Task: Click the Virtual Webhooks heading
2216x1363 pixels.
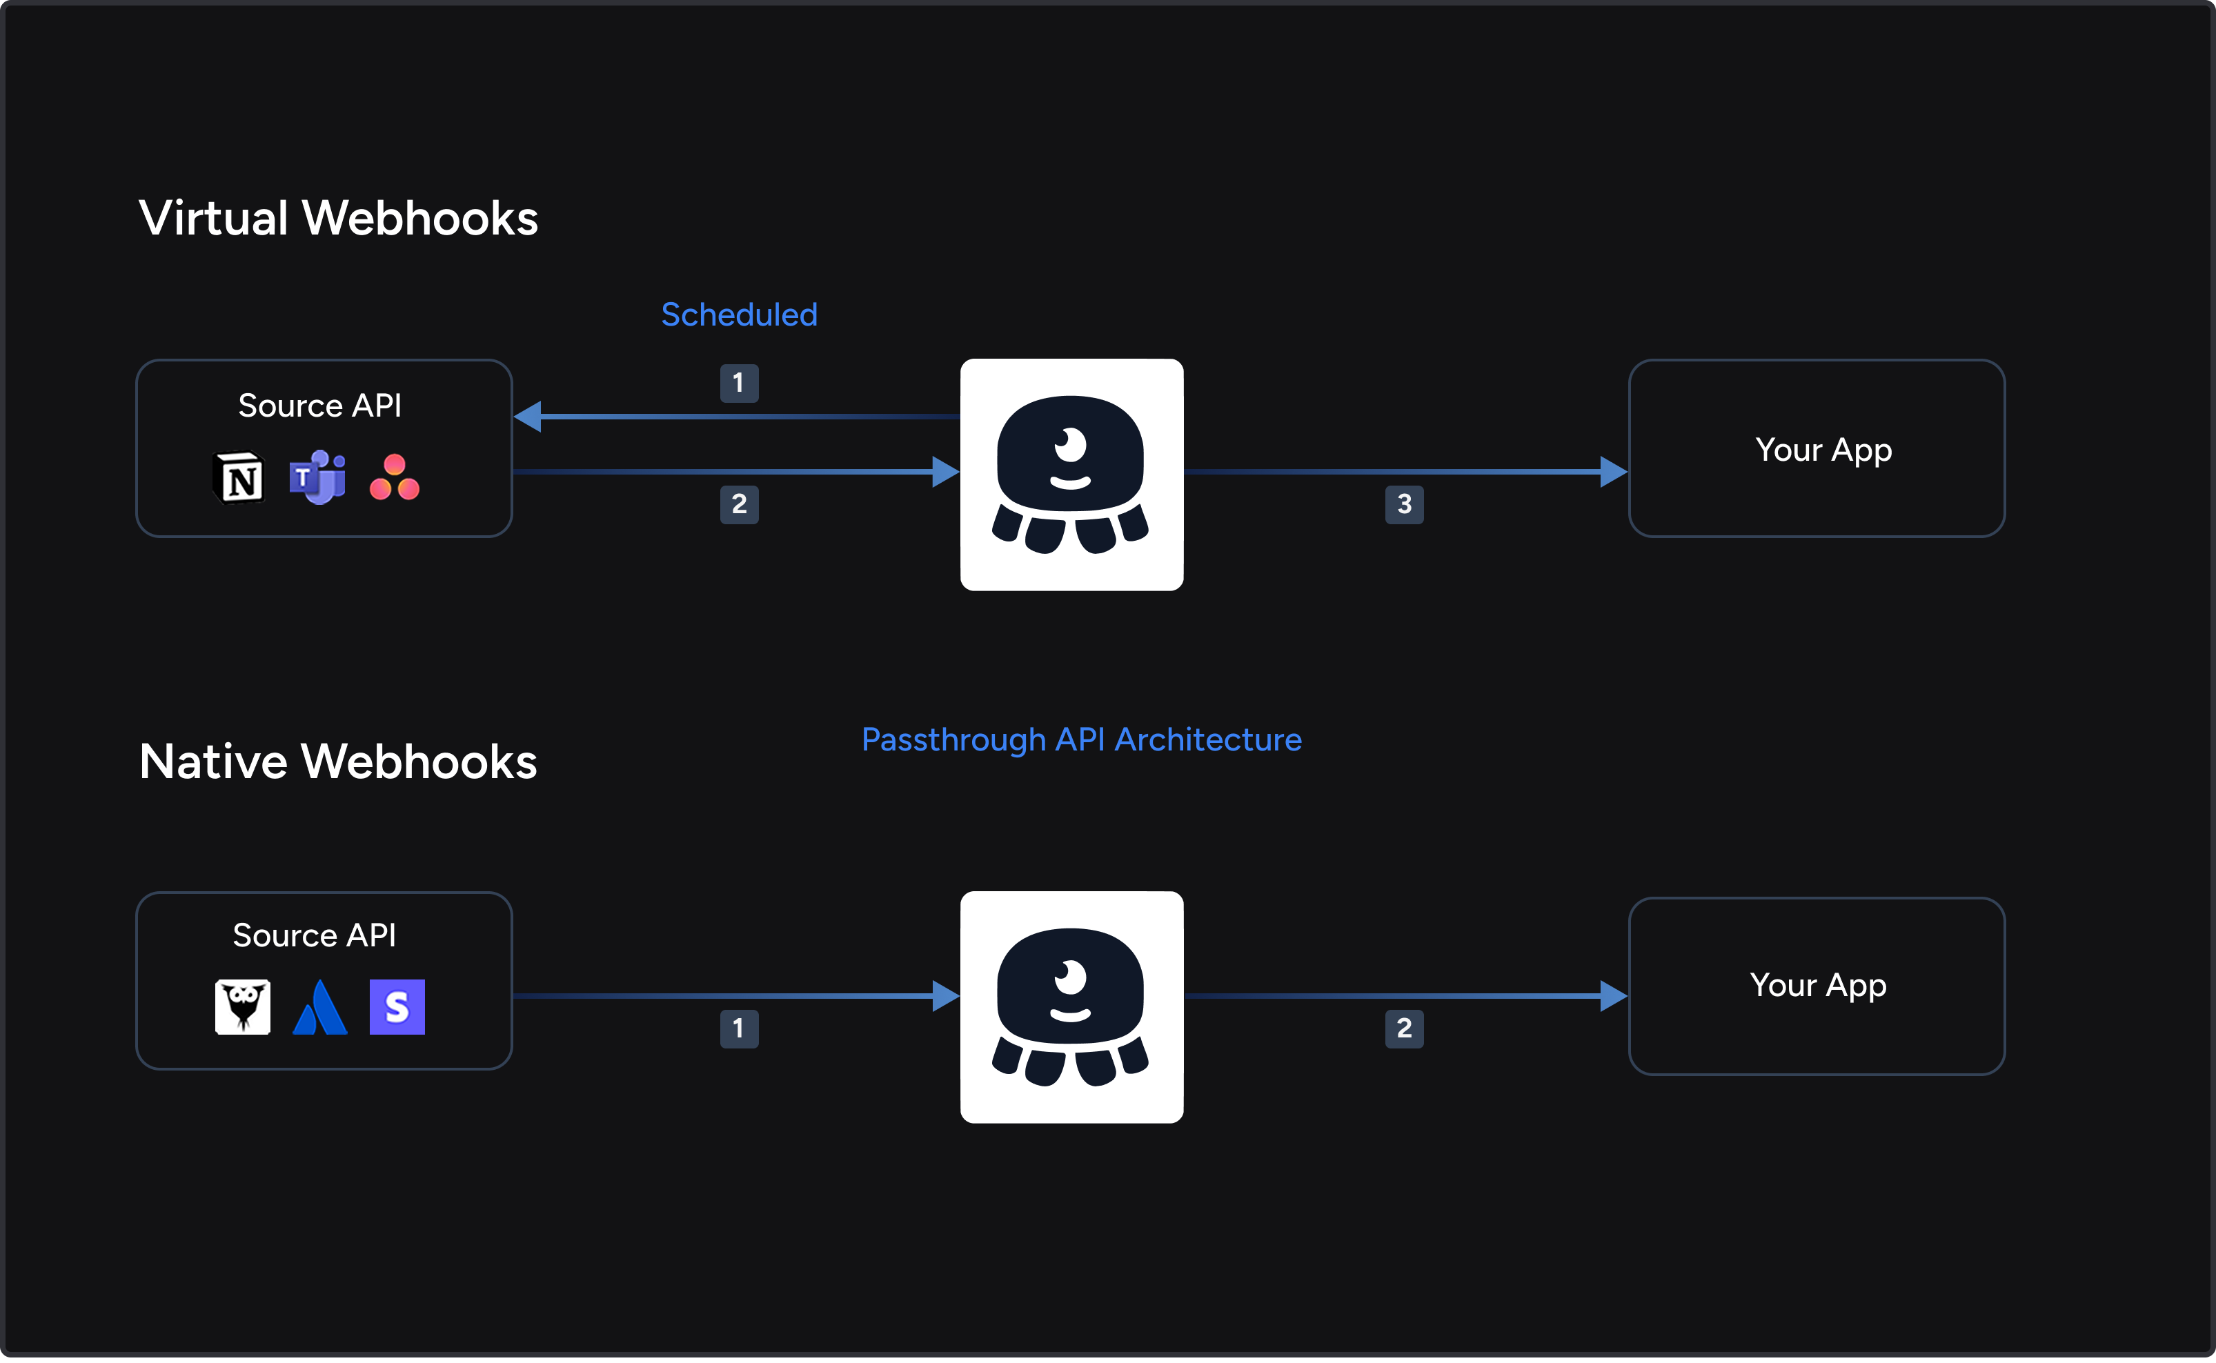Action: tap(338, 218)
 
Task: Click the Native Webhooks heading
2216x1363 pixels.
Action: tap(338, 762)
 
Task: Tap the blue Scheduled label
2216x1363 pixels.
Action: tap(740, 315)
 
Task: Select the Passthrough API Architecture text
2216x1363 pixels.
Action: tap(1081, 739)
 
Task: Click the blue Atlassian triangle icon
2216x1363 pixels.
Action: tap(320, 1008)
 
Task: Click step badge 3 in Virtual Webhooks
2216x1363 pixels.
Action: tap(1404, 504)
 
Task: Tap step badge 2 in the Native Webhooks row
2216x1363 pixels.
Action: tap(1404, 1028)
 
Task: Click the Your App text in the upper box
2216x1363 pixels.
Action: tap(1823, 449)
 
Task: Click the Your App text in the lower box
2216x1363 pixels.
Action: tap(1817, 984)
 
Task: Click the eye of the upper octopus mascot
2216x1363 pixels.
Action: tap(1070, 444)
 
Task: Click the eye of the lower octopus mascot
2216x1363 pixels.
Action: tap(1070, 975)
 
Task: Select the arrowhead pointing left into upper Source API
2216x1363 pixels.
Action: tap(528, 417)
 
